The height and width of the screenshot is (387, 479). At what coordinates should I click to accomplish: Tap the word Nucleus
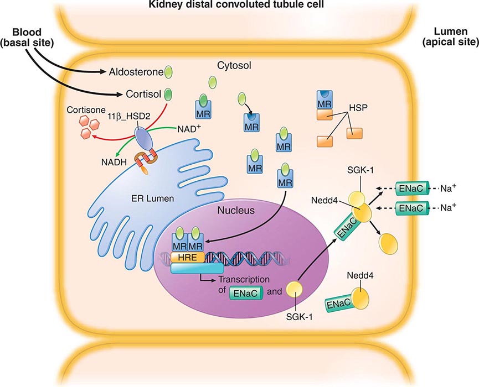tap(236, 211)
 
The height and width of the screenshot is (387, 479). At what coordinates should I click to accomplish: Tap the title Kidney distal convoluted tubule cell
tap(239, 5)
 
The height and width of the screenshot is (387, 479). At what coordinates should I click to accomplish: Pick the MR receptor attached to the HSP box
tap(323, 100)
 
